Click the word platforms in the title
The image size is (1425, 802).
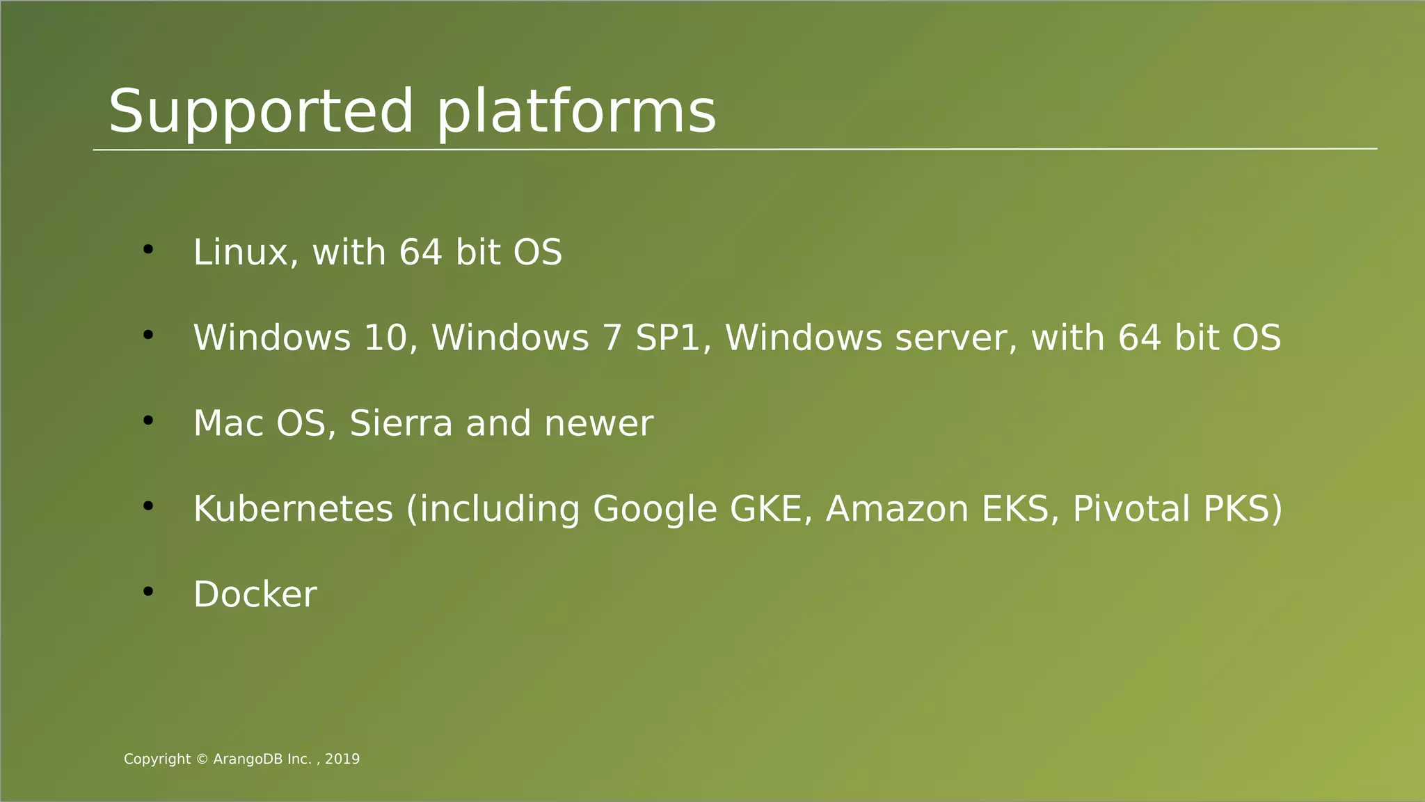tap(576, 111)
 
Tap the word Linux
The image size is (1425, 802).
tap(240, 252)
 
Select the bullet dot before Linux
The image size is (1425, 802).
tap(148, 249)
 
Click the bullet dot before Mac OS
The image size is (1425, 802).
tap(148, 420)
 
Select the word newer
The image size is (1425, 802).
tap(598, 423)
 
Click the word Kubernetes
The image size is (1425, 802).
tap(293, 509)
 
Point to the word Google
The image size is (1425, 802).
tap(655, 509)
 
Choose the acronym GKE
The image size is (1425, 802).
tap(770, 509)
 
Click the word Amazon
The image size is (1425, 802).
tap(897, 509)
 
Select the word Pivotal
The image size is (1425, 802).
tap(1131, 509)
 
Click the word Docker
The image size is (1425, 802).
tap(255, 595)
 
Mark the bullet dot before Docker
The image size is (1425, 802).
tap(148, 592)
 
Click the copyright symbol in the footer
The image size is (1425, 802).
tap(202, 760)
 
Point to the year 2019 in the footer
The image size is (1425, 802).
tap(342, 760)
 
